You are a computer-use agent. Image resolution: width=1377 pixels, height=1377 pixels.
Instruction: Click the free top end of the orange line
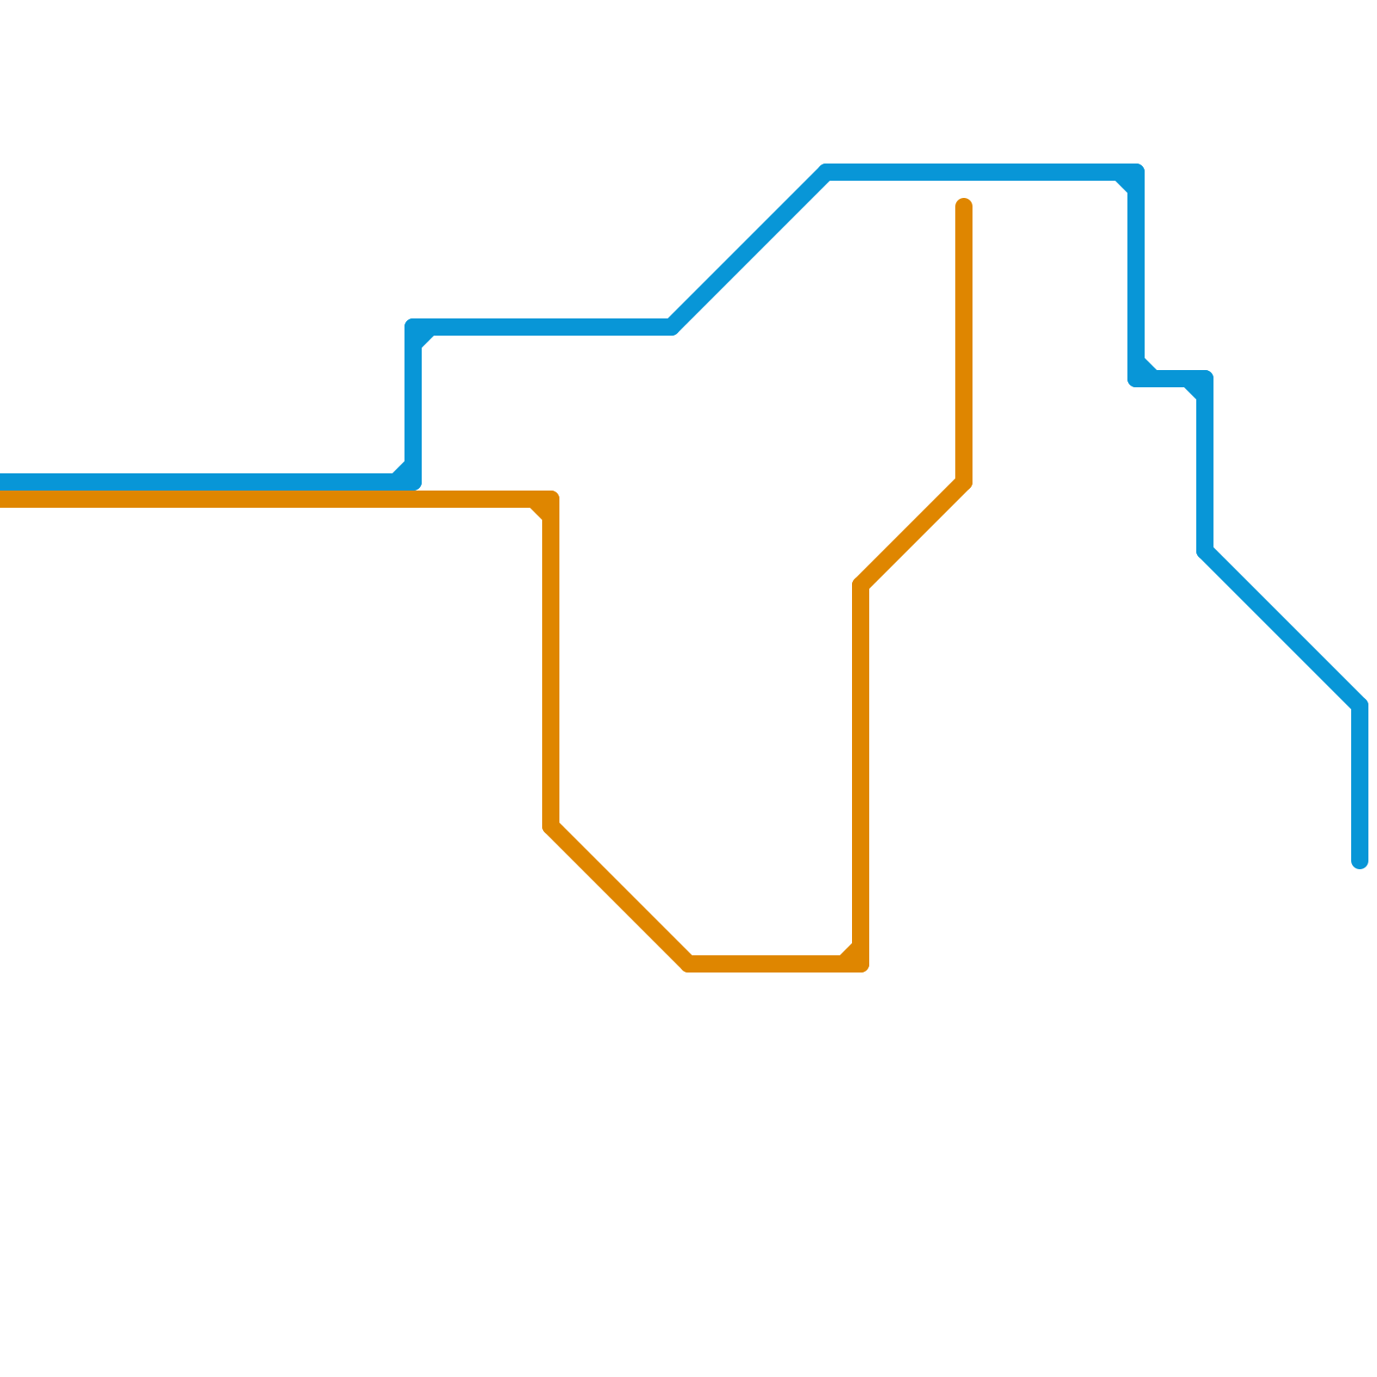(x=964, y=206)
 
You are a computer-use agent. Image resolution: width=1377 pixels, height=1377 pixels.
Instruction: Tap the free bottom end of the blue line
(x=1360, y=861)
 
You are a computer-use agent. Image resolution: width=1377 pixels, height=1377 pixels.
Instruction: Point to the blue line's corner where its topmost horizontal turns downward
(x=1136, y=172)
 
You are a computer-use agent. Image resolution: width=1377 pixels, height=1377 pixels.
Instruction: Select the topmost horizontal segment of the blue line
(x=981, y=172)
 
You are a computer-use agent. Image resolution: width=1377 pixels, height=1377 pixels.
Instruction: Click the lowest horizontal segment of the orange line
(x=775, y=964)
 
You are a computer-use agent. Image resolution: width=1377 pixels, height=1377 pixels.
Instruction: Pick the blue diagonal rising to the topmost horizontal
(x=749, y=250)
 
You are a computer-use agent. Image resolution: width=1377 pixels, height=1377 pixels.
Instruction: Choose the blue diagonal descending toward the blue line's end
(x=1282, y=628)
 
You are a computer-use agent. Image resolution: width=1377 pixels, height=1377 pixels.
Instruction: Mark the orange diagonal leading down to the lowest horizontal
(x=620, y=895)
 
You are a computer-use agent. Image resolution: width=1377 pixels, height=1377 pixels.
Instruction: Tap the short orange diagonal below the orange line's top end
(x=912, y=534)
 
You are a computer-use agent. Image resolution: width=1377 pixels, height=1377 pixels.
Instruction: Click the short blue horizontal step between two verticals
(x=1170, y=379)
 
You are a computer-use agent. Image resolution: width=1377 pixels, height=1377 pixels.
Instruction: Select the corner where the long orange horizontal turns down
(x=551, y=499)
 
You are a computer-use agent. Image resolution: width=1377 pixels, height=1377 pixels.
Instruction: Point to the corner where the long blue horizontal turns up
(x=413, y=482)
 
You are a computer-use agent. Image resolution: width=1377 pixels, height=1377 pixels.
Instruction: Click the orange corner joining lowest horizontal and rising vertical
(x=861, y=964)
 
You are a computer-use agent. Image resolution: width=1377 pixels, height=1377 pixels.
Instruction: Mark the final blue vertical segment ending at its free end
(x=1360, y=783)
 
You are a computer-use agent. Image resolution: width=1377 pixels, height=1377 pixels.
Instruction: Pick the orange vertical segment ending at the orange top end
(x=964, y=344)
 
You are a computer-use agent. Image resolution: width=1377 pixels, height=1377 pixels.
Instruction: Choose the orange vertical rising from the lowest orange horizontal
(x=861, y=775)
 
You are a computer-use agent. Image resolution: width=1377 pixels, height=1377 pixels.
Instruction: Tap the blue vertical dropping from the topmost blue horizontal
(x=1136, y=275)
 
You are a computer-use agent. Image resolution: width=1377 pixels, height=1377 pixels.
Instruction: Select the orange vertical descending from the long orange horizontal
(x=551, y=663)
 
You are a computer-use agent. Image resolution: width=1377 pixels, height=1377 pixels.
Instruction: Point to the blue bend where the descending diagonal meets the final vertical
(x=1360, y=706)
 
